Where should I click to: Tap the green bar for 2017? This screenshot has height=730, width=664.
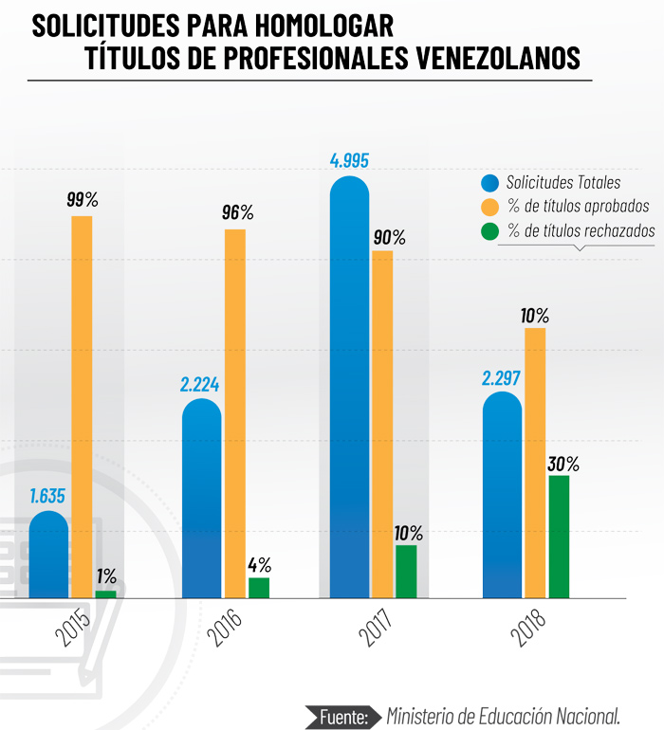click(406, 572)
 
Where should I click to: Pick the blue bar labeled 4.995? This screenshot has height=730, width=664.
click(349, 389)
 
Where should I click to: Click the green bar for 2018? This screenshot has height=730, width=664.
click(559, 537)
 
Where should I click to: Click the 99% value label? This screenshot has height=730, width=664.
click(83, 200)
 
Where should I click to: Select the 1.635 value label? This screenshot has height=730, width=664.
click(47, 496)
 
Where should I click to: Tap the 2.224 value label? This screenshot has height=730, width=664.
click(200, 385)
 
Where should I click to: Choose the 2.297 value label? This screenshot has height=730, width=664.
click(502, 378)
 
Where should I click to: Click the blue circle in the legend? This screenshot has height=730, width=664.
click(490, 182)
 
